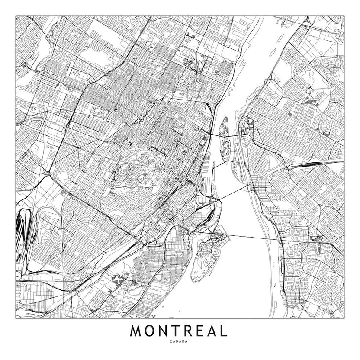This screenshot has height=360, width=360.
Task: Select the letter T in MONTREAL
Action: (176, 331)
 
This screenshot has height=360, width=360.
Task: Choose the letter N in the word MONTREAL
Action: (164, 331)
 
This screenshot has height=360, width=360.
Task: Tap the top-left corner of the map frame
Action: (16, 16)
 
